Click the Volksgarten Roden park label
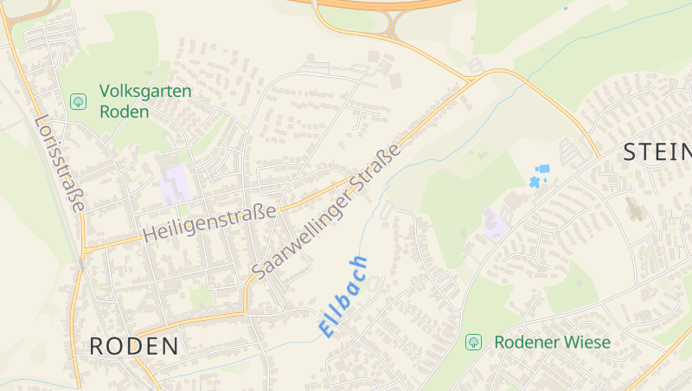(145, 101)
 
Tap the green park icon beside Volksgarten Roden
(78, 101)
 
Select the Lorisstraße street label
(61, 163)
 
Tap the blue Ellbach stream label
(343, 296)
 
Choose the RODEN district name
(134, 347)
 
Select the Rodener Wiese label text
(552, 342)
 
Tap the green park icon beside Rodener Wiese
(473, 342)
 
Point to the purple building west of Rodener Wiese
(495, 224)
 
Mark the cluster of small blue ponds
(538, 176)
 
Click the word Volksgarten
(145, 91)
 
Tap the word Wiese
(588, 342)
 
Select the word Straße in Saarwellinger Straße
(377, 167)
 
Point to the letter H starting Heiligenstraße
(150, 235)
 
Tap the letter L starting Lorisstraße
(41, 120)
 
